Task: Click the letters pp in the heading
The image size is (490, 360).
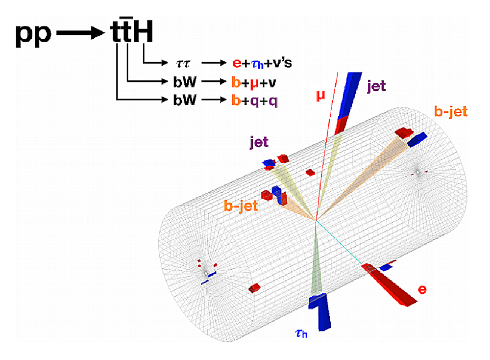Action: tap(33, 34)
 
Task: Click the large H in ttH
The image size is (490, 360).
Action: tap(143, 31)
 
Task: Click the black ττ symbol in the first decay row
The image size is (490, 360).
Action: tap(183, 64)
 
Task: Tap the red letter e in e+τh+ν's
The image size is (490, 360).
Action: tap(237, 63)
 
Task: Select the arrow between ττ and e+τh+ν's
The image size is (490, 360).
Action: tap(214, 63)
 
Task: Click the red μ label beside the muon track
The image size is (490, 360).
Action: tap(320, 96)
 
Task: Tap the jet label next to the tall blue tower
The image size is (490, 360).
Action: tap(376, 86)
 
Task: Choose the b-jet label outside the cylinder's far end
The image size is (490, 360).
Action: tap(451, 111)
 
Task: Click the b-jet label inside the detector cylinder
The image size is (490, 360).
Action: tap(241, 206)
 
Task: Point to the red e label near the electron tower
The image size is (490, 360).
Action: tap(422, 289)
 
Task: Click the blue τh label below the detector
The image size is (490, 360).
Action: tap(301, 334)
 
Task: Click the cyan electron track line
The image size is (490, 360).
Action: tap(340, 243)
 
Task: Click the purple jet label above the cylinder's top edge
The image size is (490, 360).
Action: tap(259, 142)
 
